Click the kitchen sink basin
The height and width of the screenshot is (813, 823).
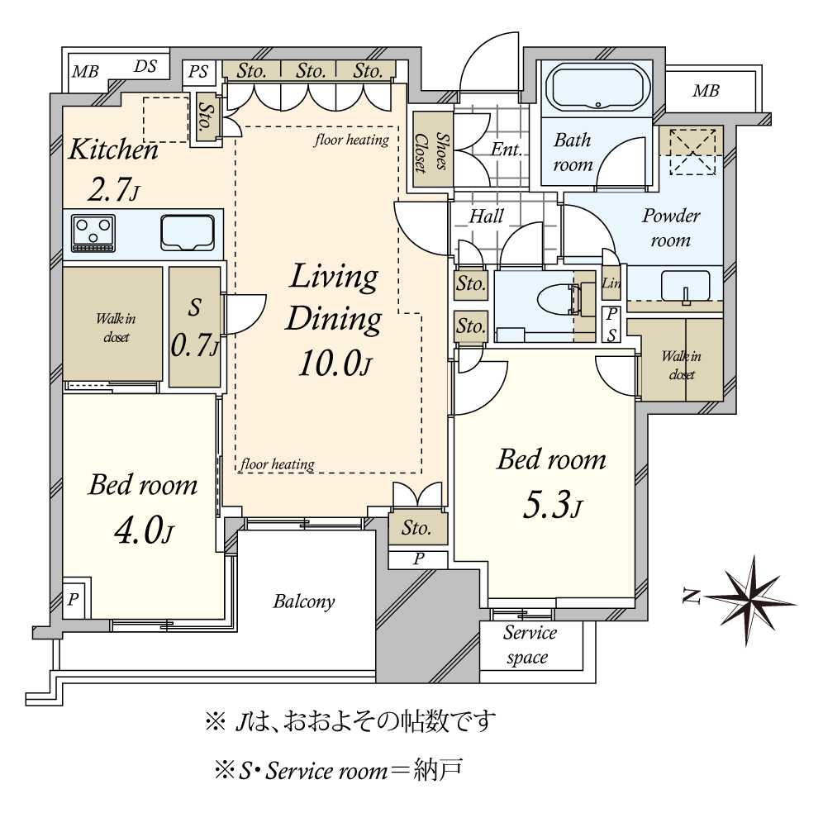(x=188, y=232)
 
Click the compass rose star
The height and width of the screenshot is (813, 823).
(x=752, y=599)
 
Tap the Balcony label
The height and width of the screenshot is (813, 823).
(x=304, y=601)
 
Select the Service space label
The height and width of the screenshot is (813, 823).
(x=529, y=644)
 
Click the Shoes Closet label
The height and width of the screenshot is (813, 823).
(x=432, y=152)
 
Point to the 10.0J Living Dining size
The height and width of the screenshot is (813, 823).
(x=335, y=364)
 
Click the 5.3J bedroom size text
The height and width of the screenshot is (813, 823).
(x=553, y=506)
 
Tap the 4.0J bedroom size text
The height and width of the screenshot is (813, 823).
(x=144, y=530)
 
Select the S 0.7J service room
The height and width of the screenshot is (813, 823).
(x=195, y=327)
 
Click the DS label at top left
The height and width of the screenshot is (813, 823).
(x=145, y=66)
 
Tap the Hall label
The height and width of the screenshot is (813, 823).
(x=486, y=216)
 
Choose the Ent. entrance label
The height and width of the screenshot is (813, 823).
(x=507, y=150)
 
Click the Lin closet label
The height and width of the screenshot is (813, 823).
(x=611, y=283)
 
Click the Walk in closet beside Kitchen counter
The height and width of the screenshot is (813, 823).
(x=112, y=324)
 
